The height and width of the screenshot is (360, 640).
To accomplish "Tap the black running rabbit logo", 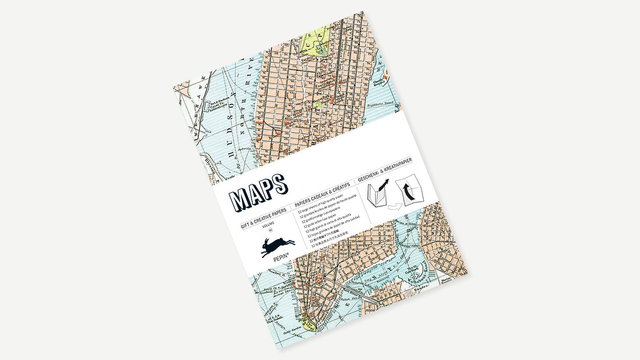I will (x=278, y=247).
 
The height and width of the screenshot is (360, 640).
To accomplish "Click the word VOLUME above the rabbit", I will (x=268, y=224).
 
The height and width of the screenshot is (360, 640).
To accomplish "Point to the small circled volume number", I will (x=270, y=230).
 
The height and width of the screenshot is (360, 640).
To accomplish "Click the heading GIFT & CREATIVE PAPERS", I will (x=264, y=219).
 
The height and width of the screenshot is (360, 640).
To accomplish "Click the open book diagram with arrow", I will (x=378, y=193).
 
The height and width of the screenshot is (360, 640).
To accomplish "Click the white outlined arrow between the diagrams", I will (x=395, y=207).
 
